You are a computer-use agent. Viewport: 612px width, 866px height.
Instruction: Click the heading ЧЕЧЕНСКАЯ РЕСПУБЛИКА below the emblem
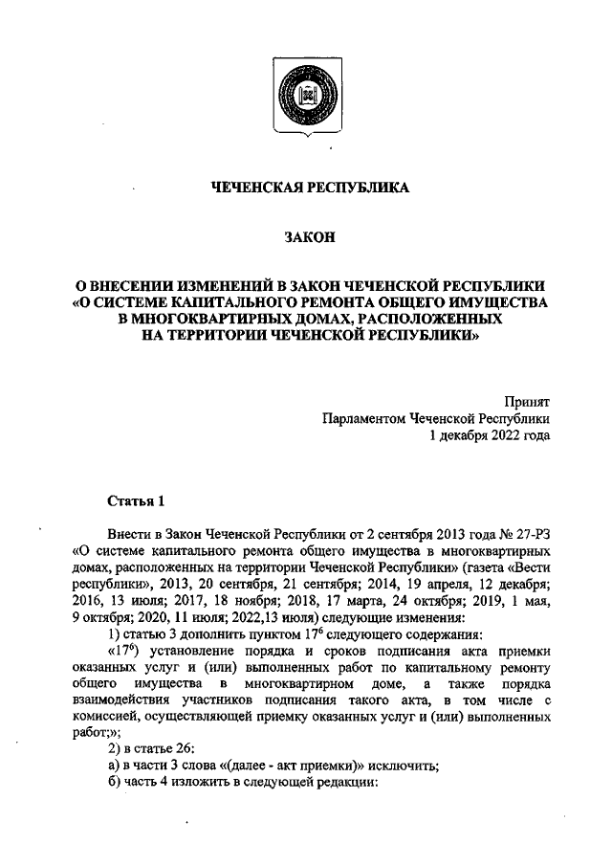click(x=309, y=188)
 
